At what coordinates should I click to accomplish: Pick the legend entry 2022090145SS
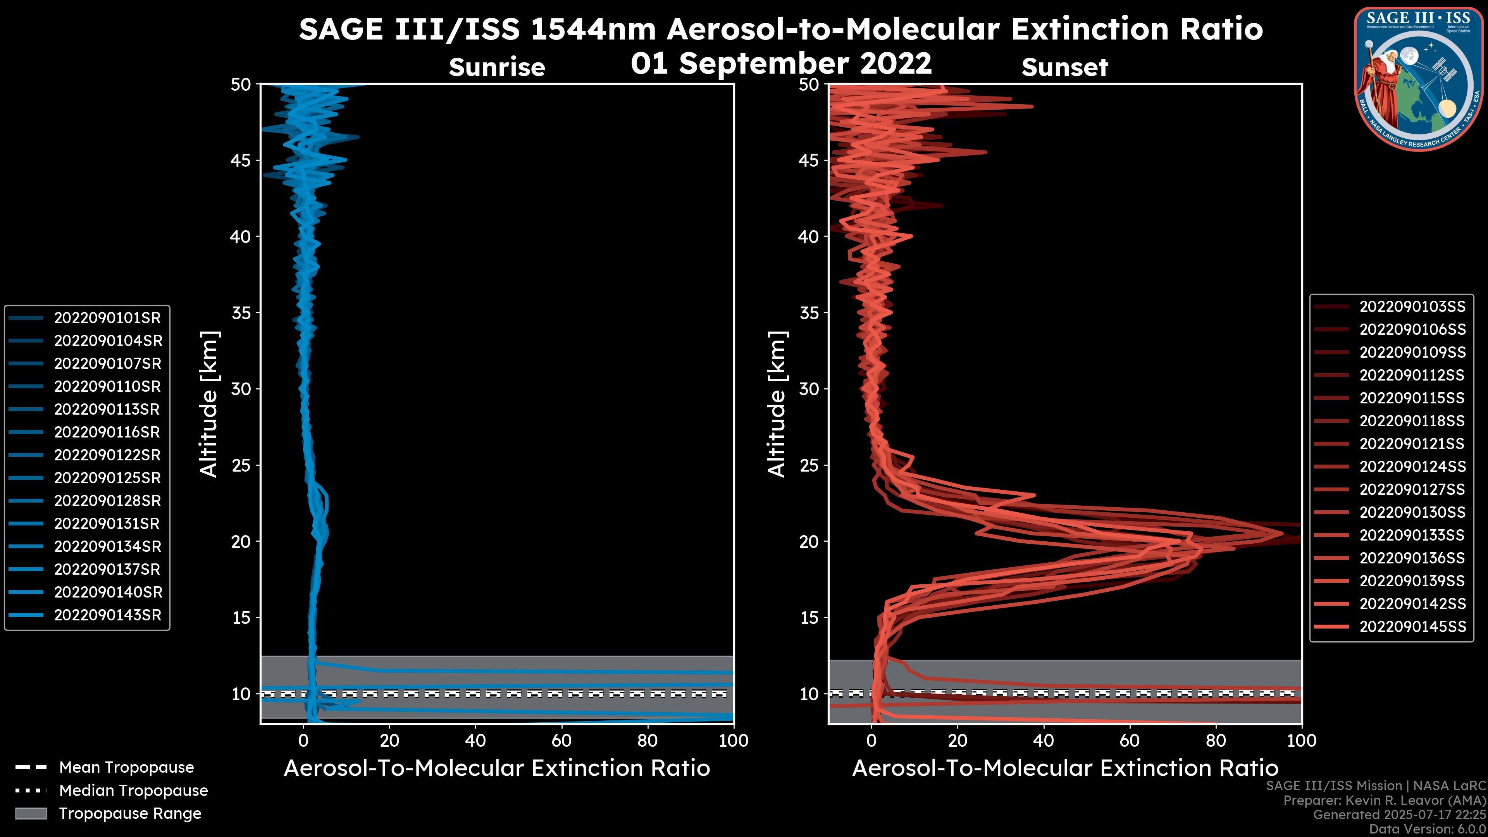[x=1412, y=626]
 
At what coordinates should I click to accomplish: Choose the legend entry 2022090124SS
[x=1412, y=466]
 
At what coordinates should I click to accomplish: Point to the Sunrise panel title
[x=497, y=67]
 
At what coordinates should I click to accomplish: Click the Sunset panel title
[x=1064, y=67]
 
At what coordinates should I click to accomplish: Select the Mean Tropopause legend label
[x=126, y=767]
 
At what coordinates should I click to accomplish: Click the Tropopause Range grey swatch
[x=31, y=813]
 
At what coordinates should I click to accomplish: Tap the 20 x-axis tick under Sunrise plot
[x=389, y=740]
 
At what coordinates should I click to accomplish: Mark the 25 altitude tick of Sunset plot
[x=809, y=465]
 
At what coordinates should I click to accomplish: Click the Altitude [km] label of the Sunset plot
[x=777, y=404]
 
